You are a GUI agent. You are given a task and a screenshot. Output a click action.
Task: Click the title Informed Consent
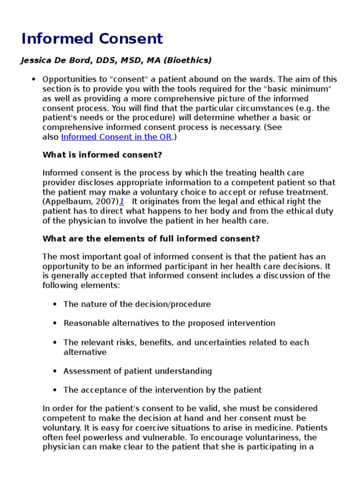point(92,38)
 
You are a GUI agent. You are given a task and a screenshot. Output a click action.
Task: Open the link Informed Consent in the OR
point(117,137)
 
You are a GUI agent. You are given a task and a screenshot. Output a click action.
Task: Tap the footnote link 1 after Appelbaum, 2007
point(121,202)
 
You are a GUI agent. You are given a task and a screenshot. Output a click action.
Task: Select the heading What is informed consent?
point(102,155)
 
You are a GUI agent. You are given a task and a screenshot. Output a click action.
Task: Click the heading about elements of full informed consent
point(151,239)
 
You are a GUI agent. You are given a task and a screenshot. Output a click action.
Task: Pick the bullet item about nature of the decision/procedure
point(137,304)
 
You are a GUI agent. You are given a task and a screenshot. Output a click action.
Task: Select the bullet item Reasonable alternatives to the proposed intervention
point(169,323)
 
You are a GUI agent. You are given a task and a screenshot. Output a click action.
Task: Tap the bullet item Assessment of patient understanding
point(137,371)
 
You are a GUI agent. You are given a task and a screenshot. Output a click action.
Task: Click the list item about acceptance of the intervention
point(162,390)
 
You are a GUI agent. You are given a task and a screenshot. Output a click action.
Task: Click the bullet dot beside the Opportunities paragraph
point(33,79)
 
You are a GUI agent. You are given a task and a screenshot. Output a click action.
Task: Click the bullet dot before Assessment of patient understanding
point(55,371)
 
